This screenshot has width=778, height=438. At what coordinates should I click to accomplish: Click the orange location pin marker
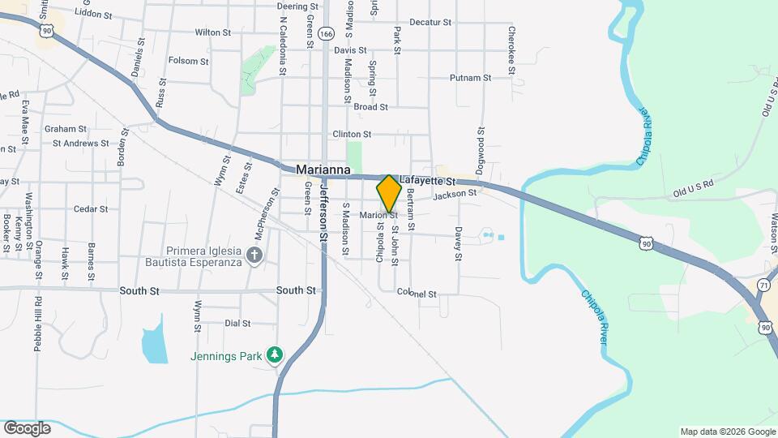[x=389, y=193]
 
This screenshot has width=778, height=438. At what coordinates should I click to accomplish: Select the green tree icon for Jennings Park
[x=276, y=355]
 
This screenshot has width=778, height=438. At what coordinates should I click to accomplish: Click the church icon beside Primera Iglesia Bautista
[x=254, y=257]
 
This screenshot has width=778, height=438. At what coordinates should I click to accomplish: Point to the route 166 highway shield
[x=326, y=34]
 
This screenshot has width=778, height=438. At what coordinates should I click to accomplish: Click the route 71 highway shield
[x=763, y=286]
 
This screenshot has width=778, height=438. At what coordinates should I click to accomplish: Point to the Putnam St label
[x=471, y=79]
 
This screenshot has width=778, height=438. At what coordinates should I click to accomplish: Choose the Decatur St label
[x=430, y=23]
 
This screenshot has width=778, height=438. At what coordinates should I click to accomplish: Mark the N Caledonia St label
[x=283, y=46]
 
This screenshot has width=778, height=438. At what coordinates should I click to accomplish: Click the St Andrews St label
[x=80, y=144]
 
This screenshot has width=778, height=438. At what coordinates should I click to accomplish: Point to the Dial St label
[x=237, y=323]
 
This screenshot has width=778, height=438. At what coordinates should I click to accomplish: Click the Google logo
[x=27, y=427]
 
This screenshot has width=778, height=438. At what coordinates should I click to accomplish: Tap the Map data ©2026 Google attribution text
[x=726, y=432]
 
